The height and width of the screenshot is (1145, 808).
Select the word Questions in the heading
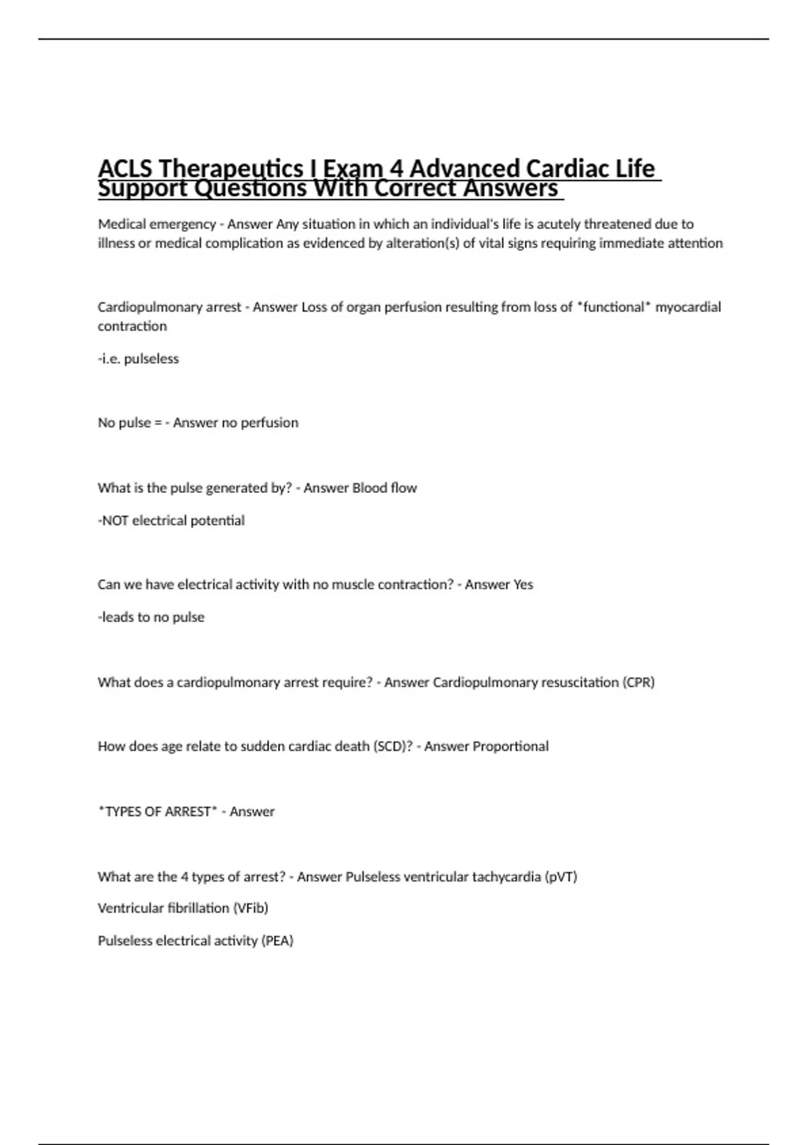(x=250, y=188)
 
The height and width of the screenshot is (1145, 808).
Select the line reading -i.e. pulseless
(x=138, y=359)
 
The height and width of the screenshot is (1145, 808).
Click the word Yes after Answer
(x=523, y=585)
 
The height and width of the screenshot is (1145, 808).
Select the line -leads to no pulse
(x=151, y=617)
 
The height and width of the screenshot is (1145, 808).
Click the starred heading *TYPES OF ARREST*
(x=158, y=812)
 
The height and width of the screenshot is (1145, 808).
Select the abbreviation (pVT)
(x=561, y=877)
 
